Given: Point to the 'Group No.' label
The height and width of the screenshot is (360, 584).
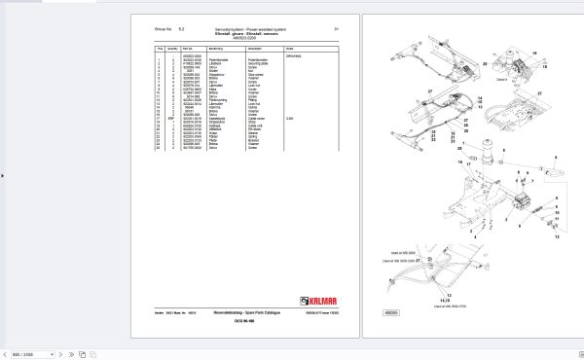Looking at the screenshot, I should point(166,28).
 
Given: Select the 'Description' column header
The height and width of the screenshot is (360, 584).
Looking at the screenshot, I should point(257,48).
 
